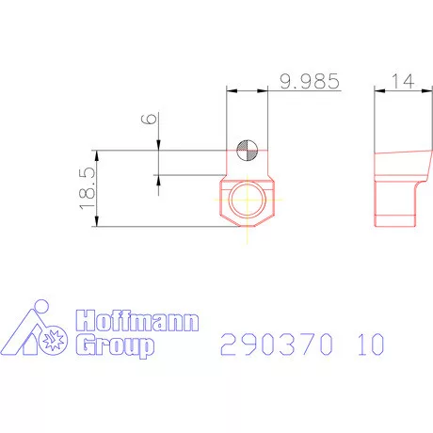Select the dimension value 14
405,82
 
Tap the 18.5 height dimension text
87,186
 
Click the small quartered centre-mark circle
247,148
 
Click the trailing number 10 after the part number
370,345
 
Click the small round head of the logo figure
40,307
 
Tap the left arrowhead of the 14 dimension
379,90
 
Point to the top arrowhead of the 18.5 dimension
98,153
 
